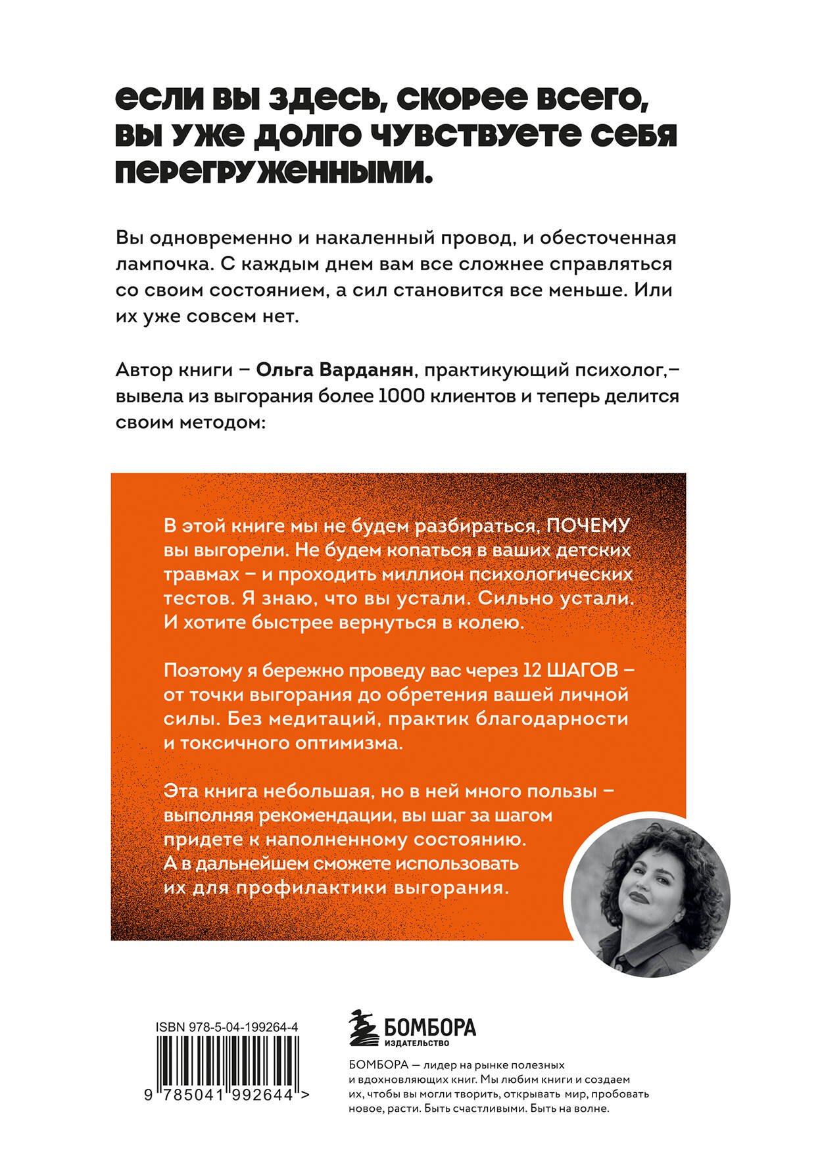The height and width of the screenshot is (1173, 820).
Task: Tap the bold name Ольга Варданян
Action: (335, 371)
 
